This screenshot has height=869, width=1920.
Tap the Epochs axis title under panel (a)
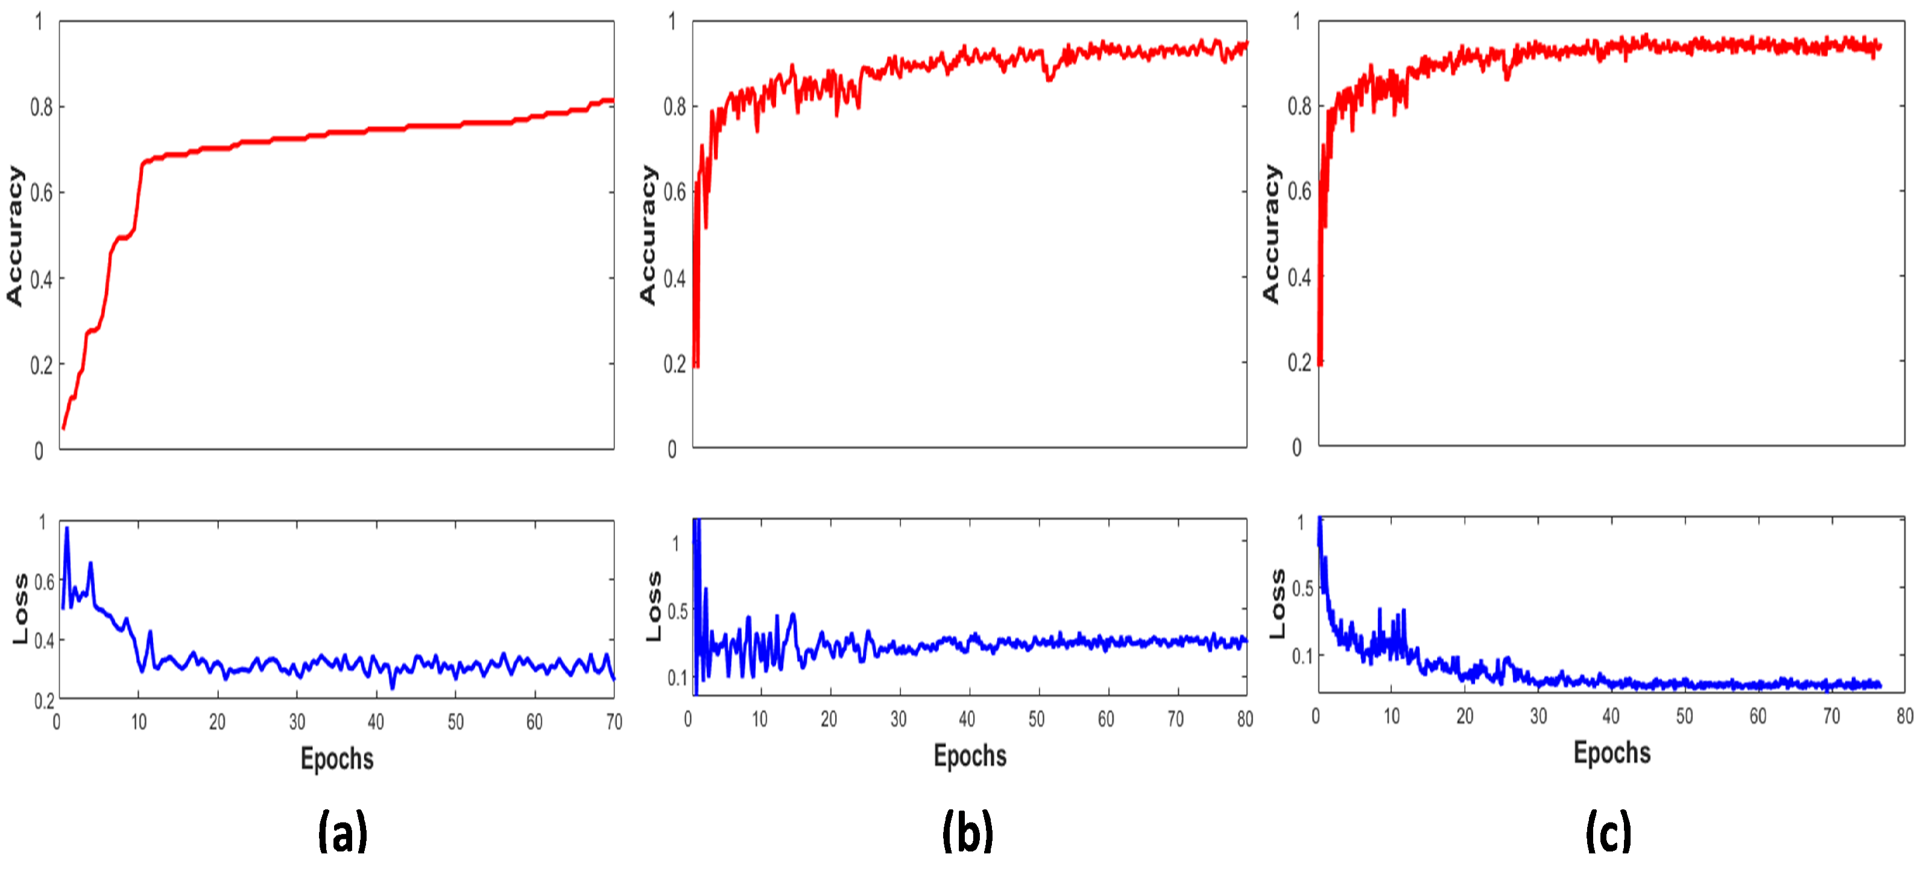(337, 759)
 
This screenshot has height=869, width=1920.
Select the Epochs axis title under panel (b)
(970, 756)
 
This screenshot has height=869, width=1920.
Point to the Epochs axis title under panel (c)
(1611, 753)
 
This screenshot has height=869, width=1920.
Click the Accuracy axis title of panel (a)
(14, 236)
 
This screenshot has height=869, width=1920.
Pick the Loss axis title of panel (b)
(654, 606)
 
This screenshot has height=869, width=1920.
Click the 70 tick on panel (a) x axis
(613, 721)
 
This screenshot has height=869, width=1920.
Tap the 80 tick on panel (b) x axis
(1245, 718)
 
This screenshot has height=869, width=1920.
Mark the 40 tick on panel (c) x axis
(1610, 716)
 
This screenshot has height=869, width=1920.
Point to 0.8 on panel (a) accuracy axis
(41, 107)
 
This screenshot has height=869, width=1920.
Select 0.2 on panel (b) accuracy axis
(675, 364)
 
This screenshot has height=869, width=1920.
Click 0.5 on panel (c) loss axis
(1302, 588)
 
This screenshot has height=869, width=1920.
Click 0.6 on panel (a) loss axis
(44, 581)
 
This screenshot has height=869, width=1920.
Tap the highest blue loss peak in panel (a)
(66, 528)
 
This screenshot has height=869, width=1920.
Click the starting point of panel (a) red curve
(63, 428)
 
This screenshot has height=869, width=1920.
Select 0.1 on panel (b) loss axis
(677, 677)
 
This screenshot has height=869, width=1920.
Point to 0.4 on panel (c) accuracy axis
(1298, 278)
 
